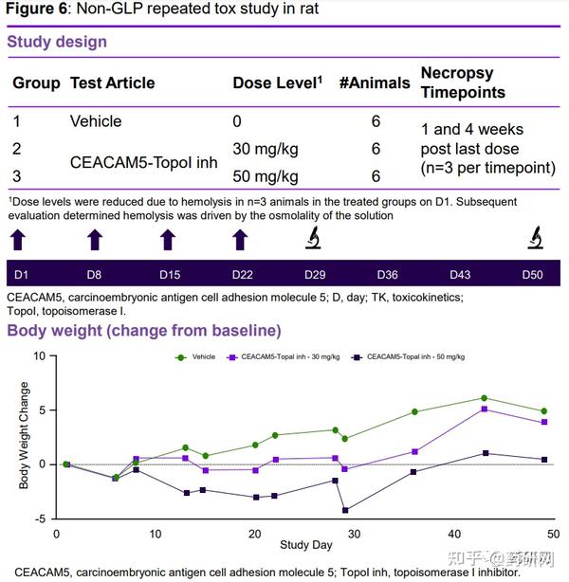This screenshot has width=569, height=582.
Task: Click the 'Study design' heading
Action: coord(57,42)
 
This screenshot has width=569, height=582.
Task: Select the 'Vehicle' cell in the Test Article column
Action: coord(96,121)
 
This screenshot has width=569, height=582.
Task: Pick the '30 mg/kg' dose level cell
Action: coord(266,149)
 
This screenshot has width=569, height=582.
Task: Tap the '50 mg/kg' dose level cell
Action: coord(266,176)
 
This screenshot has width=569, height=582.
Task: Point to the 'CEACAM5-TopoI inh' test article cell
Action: coord(143,162)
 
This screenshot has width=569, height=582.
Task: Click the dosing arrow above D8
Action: coord(94,239)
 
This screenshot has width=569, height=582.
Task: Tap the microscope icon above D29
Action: coord(314,238)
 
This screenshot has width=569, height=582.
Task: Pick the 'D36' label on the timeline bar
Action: coord(387,275)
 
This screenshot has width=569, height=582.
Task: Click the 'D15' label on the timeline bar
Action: coord(169,275)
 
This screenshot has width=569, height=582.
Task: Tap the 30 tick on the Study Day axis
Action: coord(354,532)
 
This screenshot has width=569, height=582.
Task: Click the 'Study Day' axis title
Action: coord(305,546)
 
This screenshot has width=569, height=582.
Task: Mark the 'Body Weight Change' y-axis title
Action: coord(25,437)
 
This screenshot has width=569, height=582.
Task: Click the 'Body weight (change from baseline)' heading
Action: coord(144,331)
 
